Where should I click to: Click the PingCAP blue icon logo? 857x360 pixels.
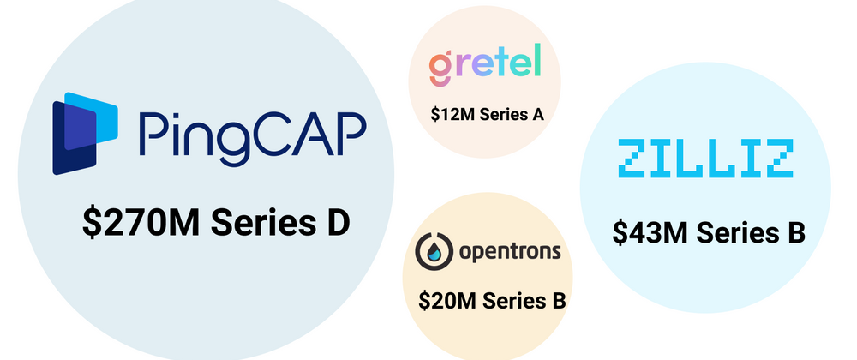[85, 134]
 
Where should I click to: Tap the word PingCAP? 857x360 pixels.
[252, 138]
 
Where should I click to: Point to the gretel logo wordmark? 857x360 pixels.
[485, 64]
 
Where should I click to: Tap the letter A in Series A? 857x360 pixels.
[538, 114]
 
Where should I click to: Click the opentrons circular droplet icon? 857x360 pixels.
[434, 251]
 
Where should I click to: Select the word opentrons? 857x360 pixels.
[510, 252]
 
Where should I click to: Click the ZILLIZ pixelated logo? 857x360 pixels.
[705, 158]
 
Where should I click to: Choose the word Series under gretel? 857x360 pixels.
[501, 114]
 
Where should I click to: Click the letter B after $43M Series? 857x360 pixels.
[795, 232]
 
